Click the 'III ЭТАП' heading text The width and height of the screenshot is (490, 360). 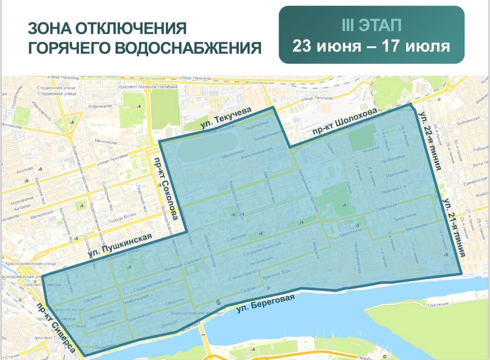tap(371, 26)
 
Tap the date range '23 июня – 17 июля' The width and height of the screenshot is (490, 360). tap(371, 45)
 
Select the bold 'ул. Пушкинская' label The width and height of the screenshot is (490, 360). tap(120, 245)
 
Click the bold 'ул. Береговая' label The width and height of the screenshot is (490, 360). tap(266, 303)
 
